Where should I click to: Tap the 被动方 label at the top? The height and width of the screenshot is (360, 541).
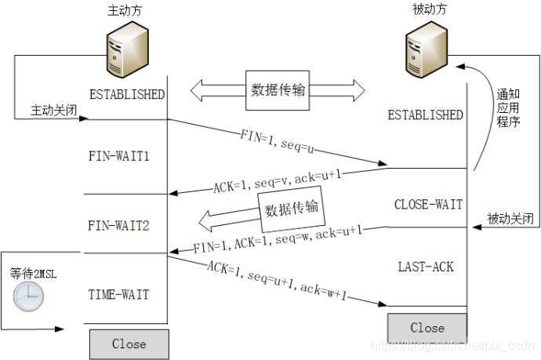point(429,11)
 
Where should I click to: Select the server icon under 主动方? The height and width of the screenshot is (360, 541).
point(126,46)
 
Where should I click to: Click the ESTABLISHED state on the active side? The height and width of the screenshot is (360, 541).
point(127,94)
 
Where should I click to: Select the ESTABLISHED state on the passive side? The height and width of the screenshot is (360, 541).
point(426,115)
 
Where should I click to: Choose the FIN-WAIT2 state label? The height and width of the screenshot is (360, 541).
point(119,226)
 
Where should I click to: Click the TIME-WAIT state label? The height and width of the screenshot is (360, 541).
point(119,295)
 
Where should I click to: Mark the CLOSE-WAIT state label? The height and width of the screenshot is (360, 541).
point(428,205)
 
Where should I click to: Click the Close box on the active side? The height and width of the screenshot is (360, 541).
point(129,344)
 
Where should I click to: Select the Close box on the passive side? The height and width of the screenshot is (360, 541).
point(427,328)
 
